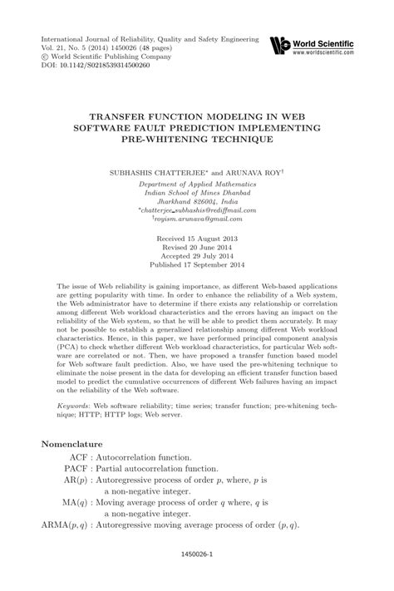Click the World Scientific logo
click(x=283, y=45)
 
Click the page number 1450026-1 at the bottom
click(x=197, y=574)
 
